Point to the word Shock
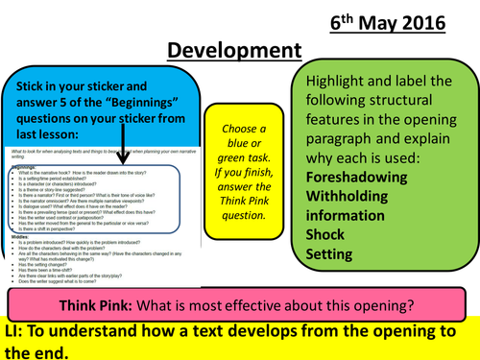pyautogui.click(x=328, y=234)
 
